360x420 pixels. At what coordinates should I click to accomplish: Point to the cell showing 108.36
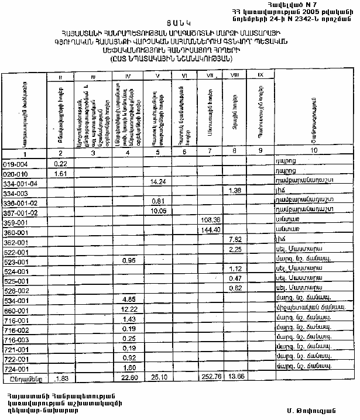coord(210,220)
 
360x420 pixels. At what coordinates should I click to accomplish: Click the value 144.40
coord(210,230)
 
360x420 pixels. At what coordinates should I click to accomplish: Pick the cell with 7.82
coord(236,239)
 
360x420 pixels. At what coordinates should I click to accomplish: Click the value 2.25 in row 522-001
coord(236,249)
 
